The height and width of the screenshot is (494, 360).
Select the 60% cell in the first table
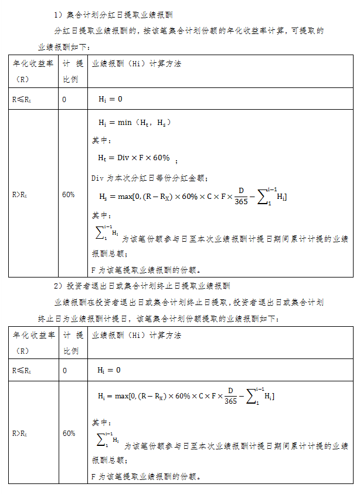[69, 194]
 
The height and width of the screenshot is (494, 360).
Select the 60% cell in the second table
[69, 433]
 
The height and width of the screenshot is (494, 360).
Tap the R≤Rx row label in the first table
[22, 99]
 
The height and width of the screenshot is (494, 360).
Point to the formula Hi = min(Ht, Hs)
[135, 123]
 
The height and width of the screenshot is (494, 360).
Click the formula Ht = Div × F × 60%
[134, 158]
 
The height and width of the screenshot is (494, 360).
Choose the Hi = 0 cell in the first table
[110, 99]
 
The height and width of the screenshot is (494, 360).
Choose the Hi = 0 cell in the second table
[109, 370]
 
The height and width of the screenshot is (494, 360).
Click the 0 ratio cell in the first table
[64, 99]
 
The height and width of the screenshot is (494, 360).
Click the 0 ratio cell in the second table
[64, 370]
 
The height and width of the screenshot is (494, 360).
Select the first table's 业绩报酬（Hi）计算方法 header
[137, 63]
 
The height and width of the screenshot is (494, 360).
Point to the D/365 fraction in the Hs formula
[239, 196]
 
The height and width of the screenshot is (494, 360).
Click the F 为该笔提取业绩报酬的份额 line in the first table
[147, 270]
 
